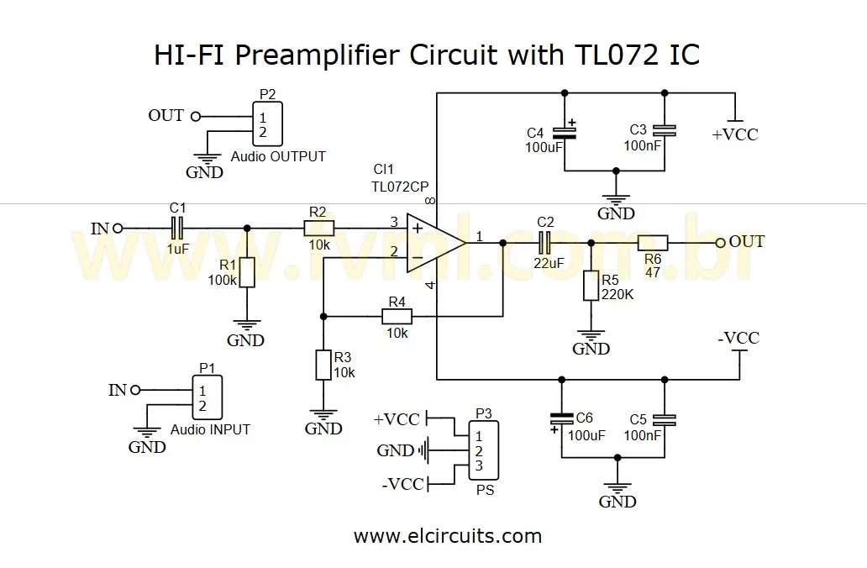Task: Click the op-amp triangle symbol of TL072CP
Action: pos(433,242)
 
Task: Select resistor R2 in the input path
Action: pos(318,227)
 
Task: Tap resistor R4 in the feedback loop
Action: pos(397,316)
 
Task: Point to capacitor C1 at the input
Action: pos(177,227)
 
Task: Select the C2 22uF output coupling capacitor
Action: pos(544,243)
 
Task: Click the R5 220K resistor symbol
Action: pos(591,286)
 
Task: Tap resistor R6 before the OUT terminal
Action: pos(652,243)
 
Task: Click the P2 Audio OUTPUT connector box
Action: pos(266,124)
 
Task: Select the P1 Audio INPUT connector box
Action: pos(206,397)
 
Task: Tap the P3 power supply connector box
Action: pos(483,450)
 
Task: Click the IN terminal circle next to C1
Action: pos(118,227)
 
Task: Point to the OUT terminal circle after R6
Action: pos(720,243)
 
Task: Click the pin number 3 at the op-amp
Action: pos(393,222)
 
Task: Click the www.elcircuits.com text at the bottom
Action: pos(448,535)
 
